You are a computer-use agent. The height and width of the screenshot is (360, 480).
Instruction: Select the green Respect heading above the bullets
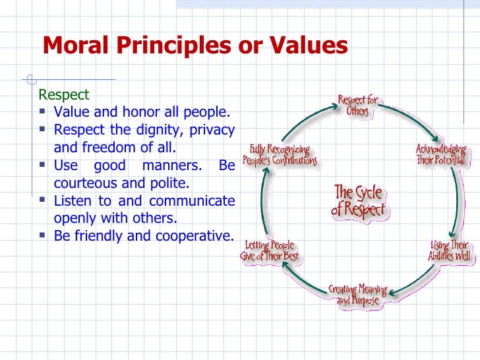pyautogui.click(x=64, y=95)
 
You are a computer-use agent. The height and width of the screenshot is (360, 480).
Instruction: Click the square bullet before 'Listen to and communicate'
pyautogui.click(x=44, y=200)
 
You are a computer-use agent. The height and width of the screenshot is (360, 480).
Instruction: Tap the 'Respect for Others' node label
pyautogui.click(x=358, y=106)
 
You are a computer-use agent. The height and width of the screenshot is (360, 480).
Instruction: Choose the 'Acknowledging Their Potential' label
pyautogui.click(x=440, y=155)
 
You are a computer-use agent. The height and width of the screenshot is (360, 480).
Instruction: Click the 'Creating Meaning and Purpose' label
pyautogui.click(x=358, y=295)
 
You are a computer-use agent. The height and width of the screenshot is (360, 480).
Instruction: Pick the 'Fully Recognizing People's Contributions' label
pyautogui.click(x=280, y=155)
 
